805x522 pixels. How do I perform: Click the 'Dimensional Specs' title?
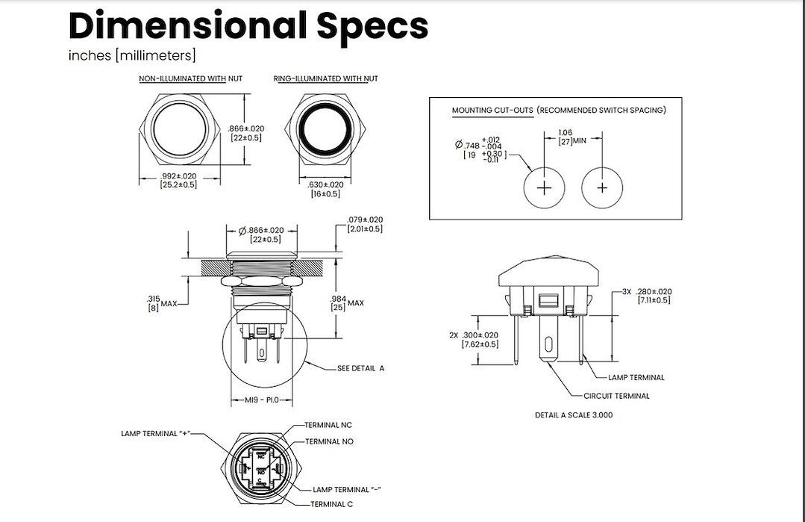(x=248, y=25)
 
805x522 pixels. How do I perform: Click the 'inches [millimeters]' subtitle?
(x=132, y=55)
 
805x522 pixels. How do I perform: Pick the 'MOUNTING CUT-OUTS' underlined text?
(x=492, y=111)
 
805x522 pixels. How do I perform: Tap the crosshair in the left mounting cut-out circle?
(x=545, y=187)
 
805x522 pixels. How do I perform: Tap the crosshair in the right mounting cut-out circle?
(x=603, y=187)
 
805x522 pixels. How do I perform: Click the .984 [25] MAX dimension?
(x=348, y=302)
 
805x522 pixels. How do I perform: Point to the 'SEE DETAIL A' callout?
(x=360, y=368)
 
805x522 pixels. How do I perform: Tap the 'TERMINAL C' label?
(x=333, y=505)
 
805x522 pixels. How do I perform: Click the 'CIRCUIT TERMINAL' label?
(x=616, y=396)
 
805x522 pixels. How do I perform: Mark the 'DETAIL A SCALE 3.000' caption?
(x=574, y=414)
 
